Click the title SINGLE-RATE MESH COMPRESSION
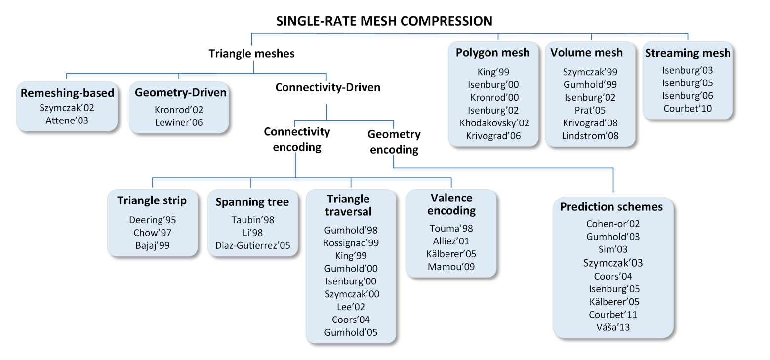coord(384,21)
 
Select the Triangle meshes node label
coord(251,53)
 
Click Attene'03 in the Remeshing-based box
coord(64,120)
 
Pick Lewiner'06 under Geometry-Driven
coord(178,123)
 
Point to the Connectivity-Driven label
coord(327,88)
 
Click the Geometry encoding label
coord(394,142)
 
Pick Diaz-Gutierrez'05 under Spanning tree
coord(252,245)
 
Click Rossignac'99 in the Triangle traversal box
coord(351,243)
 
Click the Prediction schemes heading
coord(611,207)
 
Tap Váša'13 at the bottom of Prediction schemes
coord(613,327)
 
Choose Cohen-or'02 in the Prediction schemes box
coord(613,224)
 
